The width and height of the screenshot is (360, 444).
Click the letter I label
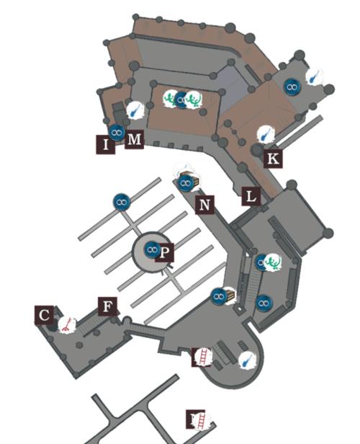[106, 145]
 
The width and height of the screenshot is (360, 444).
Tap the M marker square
[135, 139]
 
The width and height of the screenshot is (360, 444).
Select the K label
[273, 159]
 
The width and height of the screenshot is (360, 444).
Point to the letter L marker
[251, 196]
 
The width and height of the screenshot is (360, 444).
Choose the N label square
[204, 205]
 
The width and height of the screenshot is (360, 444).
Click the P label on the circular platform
[165, 252]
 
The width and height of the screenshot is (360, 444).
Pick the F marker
[107, 306]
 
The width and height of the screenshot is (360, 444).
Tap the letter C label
[44, 315]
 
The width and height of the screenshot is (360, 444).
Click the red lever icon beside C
[67, 324]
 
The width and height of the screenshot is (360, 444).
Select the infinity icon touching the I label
[117, 132]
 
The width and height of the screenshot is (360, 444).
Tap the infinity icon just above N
[186, 183]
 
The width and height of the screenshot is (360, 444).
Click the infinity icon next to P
[152, 249]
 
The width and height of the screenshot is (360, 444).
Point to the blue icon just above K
[266, 134]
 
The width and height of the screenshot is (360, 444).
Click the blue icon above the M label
[135, 110]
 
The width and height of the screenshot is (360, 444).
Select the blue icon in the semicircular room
[248, 360]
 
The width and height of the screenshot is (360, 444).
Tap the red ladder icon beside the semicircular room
[202, 358]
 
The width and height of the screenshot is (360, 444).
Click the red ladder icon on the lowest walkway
[201, 420]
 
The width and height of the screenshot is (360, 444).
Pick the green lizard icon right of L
[273, 262]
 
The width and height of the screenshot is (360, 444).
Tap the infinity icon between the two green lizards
[181, 99]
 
